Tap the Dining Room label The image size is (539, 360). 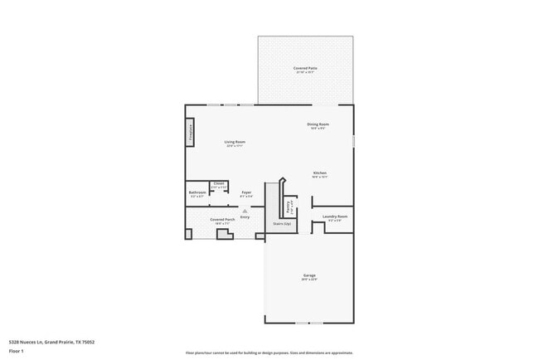click(x=319, y=124)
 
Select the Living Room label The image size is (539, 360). click(x=235, y=142)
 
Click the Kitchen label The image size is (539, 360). click(x=319, y=173)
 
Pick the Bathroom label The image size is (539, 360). click(x=197, y=192)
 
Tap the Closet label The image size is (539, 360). click(x=218, y=183)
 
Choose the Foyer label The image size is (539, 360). click(x=246, y=192)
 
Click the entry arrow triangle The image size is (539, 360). click(x=245, y=211)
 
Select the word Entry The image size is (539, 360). click(x=245, y=216)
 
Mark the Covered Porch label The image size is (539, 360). click(x=222, y=219)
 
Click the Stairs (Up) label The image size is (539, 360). click(x=282, y=223)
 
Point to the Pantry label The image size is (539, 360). click(x=288, y=205)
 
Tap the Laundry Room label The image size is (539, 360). click(x=335, y=216)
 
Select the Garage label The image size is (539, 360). click(x=308, y=275)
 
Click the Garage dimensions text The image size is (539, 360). click(x=308, y=280)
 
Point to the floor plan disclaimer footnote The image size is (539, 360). click(x=269, y=353)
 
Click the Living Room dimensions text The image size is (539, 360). click(x=235, y=147)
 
